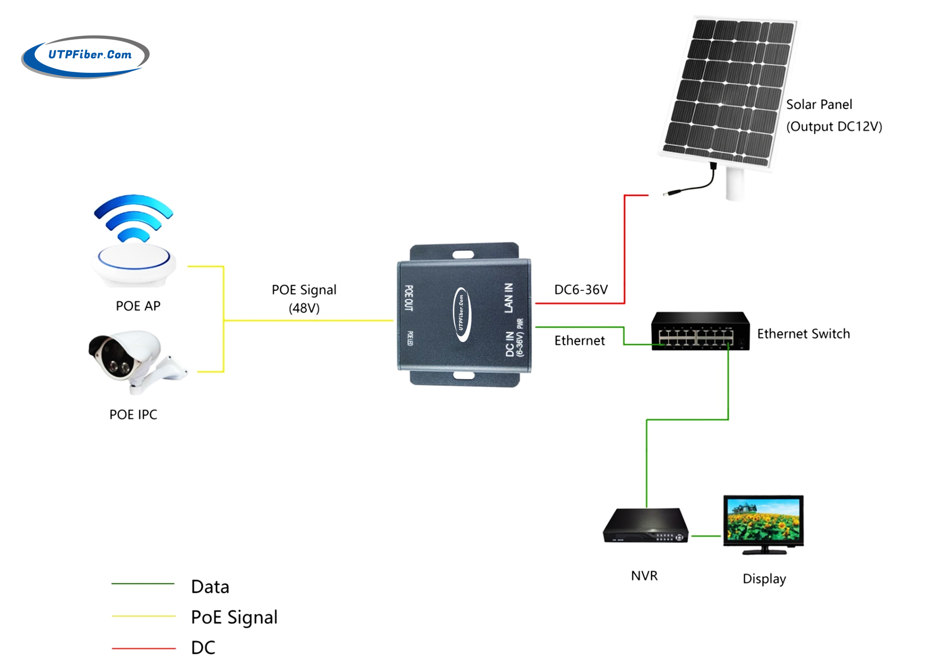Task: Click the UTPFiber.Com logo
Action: click(x=86, y=56)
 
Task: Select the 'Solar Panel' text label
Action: click(x=819, y=105)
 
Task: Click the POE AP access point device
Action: click(x=134, y=264)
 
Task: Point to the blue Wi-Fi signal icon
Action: click(x=134, y=218)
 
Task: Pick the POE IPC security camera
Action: click(x=132, y=360)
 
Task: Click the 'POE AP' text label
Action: click(x=138, y=306)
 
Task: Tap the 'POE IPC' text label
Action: click(x=133, y=415)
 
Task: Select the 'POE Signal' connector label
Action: click(x=304, y=290)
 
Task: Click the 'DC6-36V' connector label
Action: click(x=581, y=290)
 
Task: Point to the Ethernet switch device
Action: click(x=700, y=331)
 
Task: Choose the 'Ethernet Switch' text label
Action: click(x=803, y=334)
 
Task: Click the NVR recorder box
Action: click(x=646, y=526)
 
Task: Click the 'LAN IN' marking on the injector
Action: click(x=509, y=298)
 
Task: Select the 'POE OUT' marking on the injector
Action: click(x=409, y=298)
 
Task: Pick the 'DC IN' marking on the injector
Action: click(x=510, y=344)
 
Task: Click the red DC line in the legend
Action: click(x=143, y=648)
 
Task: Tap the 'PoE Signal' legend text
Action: click(x=234, y=618)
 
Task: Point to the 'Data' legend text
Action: click(x=210, y=587)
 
